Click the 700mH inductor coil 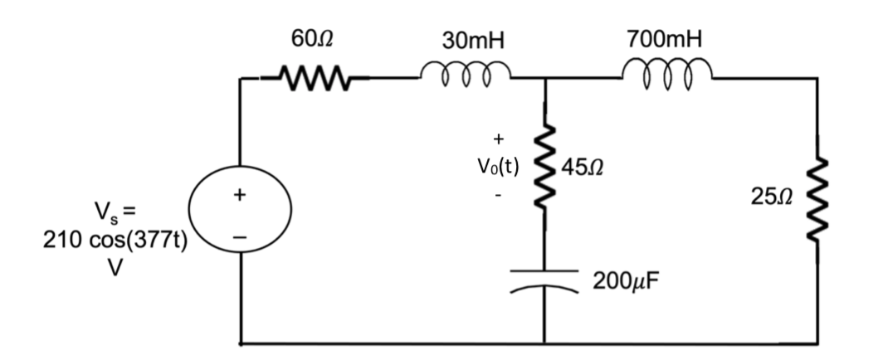[668, 74]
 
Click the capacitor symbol [544, 280]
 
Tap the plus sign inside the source [239, 196]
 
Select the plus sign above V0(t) [498, 139]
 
